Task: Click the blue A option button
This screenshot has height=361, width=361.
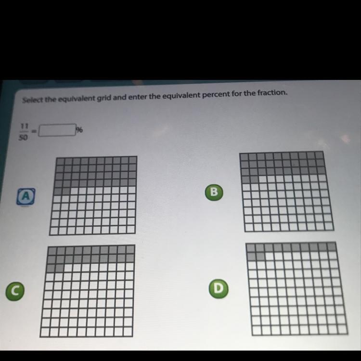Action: (x=26, y=196)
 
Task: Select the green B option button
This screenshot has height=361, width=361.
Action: (x=214, y=192)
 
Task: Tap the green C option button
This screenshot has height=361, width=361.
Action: (x=15, y=291)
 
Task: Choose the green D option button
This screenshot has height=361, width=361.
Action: (x=219, y=288)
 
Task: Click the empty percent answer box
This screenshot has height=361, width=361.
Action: (x=57, y=130)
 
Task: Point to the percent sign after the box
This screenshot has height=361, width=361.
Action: (x=79, y=130)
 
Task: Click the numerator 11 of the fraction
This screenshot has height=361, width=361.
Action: (x=24, y=126)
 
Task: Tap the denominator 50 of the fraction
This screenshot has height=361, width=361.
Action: (x=23, y=138)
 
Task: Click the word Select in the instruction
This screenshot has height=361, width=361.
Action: (x=32, y=100)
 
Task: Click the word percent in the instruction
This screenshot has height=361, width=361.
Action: (x=216, y=94)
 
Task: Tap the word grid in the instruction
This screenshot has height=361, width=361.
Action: (x=103, y=98)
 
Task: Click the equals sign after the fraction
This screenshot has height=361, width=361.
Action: (x=34, y=131)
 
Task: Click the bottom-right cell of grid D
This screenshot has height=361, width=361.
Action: (x=343, y=330)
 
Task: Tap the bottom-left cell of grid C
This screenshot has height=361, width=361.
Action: (x=44, y=332)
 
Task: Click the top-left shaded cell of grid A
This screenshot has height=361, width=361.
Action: (x=60, y=161)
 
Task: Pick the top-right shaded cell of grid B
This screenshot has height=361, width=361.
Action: (x=319, y=155)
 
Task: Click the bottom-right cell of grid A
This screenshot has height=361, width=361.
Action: (x=130, y=229)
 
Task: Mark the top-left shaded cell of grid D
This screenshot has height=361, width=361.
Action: (x=251, y=247)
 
